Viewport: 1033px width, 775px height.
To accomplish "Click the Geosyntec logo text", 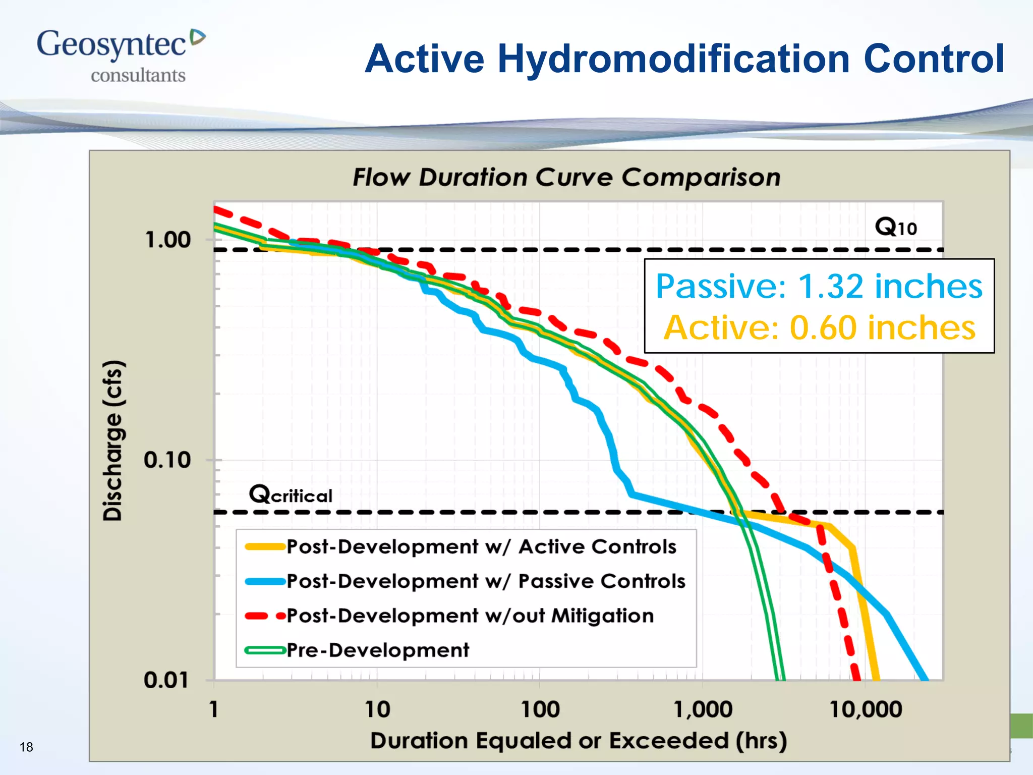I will coord(112,44).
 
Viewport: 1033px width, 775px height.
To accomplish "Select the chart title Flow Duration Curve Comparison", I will coord(566,178).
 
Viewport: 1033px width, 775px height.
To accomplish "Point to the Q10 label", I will coord(895,227).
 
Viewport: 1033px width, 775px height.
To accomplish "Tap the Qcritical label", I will coord(291,494).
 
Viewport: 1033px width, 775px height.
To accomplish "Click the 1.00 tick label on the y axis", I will coord(168,240).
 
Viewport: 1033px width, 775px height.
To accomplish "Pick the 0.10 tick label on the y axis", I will coord(167,460).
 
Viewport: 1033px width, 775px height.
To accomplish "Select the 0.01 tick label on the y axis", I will coord(166,680).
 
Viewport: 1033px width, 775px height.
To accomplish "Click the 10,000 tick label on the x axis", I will coord(866,710).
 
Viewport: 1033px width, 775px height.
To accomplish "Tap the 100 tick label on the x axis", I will coord(540,710).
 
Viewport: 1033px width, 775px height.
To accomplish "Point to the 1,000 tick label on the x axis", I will coord(703,710).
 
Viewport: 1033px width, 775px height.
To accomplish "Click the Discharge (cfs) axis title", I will coord(112,440).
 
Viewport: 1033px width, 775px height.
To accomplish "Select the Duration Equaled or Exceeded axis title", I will coord(578,741).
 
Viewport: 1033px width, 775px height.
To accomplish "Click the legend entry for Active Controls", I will coord(481,547).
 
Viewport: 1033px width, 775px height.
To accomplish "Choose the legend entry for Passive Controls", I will coord(485,581).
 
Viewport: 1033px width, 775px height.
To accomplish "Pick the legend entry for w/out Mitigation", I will coord(470,616).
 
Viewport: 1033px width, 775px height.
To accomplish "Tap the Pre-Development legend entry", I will coord(377,650).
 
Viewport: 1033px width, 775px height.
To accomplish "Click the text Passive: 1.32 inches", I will coord(819,287).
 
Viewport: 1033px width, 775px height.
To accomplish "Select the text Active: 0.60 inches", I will coord(819,328).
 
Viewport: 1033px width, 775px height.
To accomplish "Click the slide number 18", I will coord(26,747).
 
